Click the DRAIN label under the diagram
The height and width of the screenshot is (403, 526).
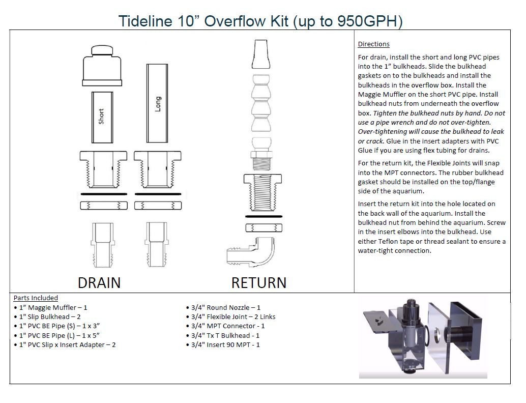click(x=99, y=282)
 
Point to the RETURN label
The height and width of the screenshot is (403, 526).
click(x=258, y=282)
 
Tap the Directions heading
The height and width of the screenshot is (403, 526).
click(x=373, y=44)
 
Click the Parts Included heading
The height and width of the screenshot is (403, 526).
click(x=36, y=298)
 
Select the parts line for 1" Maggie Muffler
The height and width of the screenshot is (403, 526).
click(x=51, y=307)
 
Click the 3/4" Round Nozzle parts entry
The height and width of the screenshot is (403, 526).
click(x=224, y=307)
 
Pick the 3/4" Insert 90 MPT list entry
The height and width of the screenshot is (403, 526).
click(x=224, y=344)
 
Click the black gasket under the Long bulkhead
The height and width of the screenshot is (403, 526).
click(x=158, y=194)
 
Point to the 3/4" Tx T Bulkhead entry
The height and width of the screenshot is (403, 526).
click(x=224, y=335)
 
